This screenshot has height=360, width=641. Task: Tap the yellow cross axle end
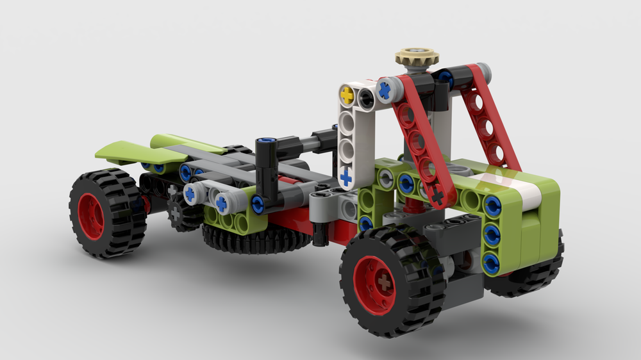click(347, 95)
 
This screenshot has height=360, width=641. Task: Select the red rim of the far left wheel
click(91, 216)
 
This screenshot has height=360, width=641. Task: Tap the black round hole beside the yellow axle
click(366, 97)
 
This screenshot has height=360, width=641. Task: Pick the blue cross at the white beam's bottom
click(346, 176)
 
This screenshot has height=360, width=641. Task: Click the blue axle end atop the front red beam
click(385, 90)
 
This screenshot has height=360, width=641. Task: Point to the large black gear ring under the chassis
click(256, 241)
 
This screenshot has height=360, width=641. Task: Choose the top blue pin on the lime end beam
click(492, 206)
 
